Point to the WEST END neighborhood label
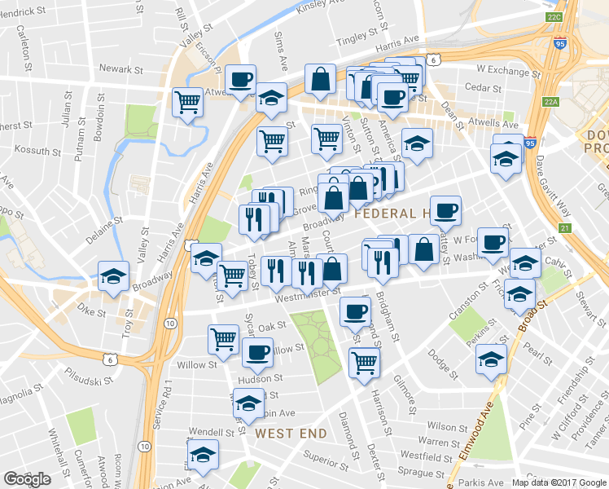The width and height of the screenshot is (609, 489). point(291,434)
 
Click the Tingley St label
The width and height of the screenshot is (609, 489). point(361,37)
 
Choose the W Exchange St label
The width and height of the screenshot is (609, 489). point(503,71)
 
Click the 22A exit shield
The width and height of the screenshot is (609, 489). point(551,102)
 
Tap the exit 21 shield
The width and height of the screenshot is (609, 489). point(564,228)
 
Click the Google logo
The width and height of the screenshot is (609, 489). point(28,478)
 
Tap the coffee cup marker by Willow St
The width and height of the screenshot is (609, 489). point(257,352)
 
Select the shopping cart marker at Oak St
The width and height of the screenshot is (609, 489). point(223,339)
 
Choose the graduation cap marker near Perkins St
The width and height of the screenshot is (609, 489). point(492,358)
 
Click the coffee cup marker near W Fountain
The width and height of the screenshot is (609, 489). point(493,242)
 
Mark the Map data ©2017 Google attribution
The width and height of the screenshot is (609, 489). point(559,482)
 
